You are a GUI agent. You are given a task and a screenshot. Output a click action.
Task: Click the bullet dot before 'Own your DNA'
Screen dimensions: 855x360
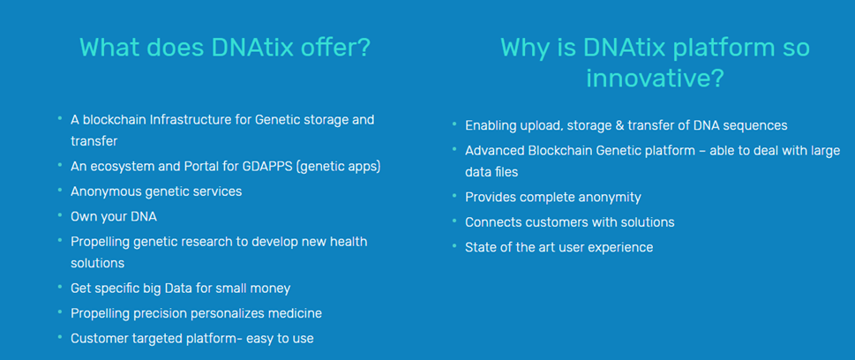[59, 214]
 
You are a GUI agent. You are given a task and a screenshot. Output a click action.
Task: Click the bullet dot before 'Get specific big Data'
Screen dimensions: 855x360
[59, 287]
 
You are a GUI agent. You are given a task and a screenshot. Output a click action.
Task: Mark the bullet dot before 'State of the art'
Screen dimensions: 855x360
[454, 245]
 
